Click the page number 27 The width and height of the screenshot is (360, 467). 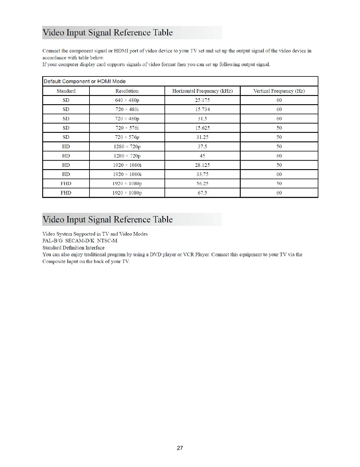(x=180, y=448)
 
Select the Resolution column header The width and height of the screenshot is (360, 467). (x=127, y=91)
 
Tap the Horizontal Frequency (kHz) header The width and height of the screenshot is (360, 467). (x=202, y=91)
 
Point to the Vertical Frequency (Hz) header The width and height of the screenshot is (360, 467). (x=279, y=91)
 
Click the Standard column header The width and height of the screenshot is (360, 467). (x=66, y=91)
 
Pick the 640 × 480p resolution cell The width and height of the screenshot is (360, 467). (x=127, y=100)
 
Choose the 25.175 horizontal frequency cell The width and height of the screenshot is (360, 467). (x=202, y=100)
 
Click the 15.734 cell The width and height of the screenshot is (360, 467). (x=202, y=109)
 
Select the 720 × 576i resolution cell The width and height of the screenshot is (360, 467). (x=127, y=128)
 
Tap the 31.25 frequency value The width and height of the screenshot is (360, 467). (x=202, y=137)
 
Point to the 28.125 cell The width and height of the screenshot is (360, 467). (x=202, y=165)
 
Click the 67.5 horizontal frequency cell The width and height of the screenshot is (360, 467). (x=202, y=193)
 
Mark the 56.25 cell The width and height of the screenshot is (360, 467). (x=202, y=183)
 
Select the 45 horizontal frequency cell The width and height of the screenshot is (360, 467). (x=202, y=156)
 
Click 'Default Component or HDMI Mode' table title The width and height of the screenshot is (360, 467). (x=85, y=81)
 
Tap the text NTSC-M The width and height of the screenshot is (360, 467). (x=107, y=241)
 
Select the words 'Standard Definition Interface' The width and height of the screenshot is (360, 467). (x=74, y=248)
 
